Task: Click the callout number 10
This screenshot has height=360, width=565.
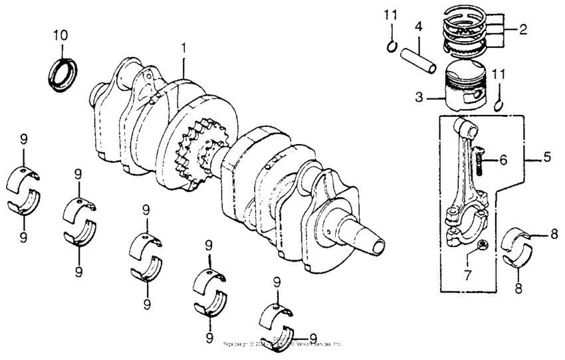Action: pyautogui.click(x=60, y=35)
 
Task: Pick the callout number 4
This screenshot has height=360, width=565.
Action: pyautogui.click(x=418, y=27)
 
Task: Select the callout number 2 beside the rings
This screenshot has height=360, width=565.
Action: pyautogui.click(x=524, y=29)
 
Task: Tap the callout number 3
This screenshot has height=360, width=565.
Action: pyautogui.click(x=419, y=97)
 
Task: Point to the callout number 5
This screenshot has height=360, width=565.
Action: pyautogui.click(x=546, y=158)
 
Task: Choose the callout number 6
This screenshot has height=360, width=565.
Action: pyautogui.click(x=503, y=159)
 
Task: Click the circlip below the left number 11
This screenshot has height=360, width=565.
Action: pyautogui.click(x=392, y=46)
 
